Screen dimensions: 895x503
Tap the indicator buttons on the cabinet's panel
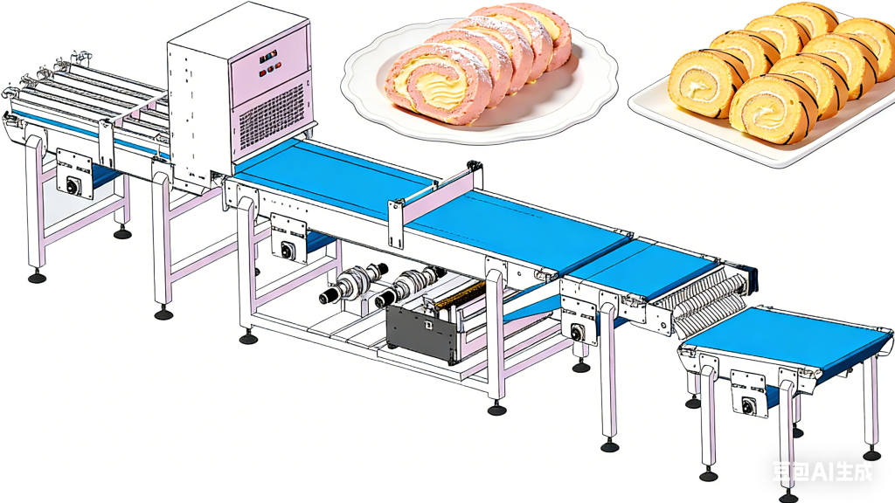pyautogui.click(x=269, y=63)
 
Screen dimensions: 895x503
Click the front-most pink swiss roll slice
pyautogui.click(x=439, y=85)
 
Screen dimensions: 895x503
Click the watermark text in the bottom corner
pyautogui.click(x=822, y=471)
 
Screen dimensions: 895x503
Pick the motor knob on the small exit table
pyautogui.click(x=748, y=405)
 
